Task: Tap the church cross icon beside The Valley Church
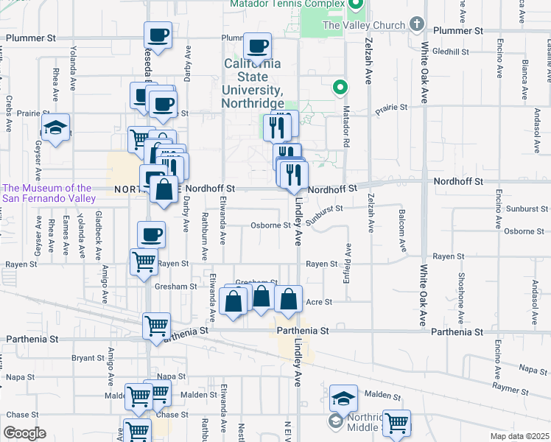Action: pyautogui.click(x=417, y=25)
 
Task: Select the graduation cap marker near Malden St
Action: pyautogui.click(x=343, y=399)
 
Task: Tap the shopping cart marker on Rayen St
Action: pyautogui.click(x=143, y=262)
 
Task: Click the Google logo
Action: pyautogui.click(x=24, y=433)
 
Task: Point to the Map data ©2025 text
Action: pyautogui.click(x=519, y=436)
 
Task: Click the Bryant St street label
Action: pyautogui.click(x=89, y=358)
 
